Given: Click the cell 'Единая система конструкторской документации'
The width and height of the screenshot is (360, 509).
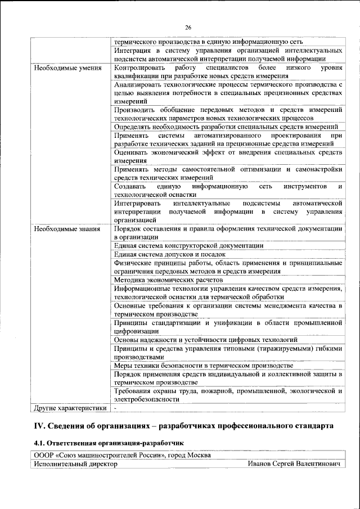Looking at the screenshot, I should coord(188,246).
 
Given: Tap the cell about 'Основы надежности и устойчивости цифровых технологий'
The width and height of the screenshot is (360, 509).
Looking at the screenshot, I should coord(205,340).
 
